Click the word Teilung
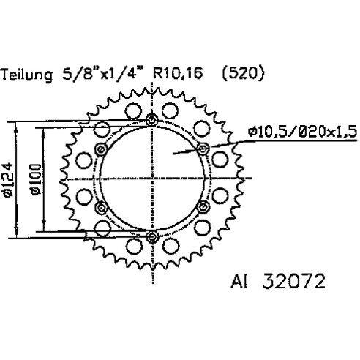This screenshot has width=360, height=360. [x=26, y=75]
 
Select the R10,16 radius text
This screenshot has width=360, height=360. [x=178, y=72]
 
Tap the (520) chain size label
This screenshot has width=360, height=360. [x=243, y=73]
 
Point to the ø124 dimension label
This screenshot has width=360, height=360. [x=7, y=180]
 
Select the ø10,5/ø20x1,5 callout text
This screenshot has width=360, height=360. [x=302, y=132]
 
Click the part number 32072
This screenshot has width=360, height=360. [x=293, y=281]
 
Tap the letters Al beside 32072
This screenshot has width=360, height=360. [x=239, y=282]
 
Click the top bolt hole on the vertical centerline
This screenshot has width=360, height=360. [x=152, y=120]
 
